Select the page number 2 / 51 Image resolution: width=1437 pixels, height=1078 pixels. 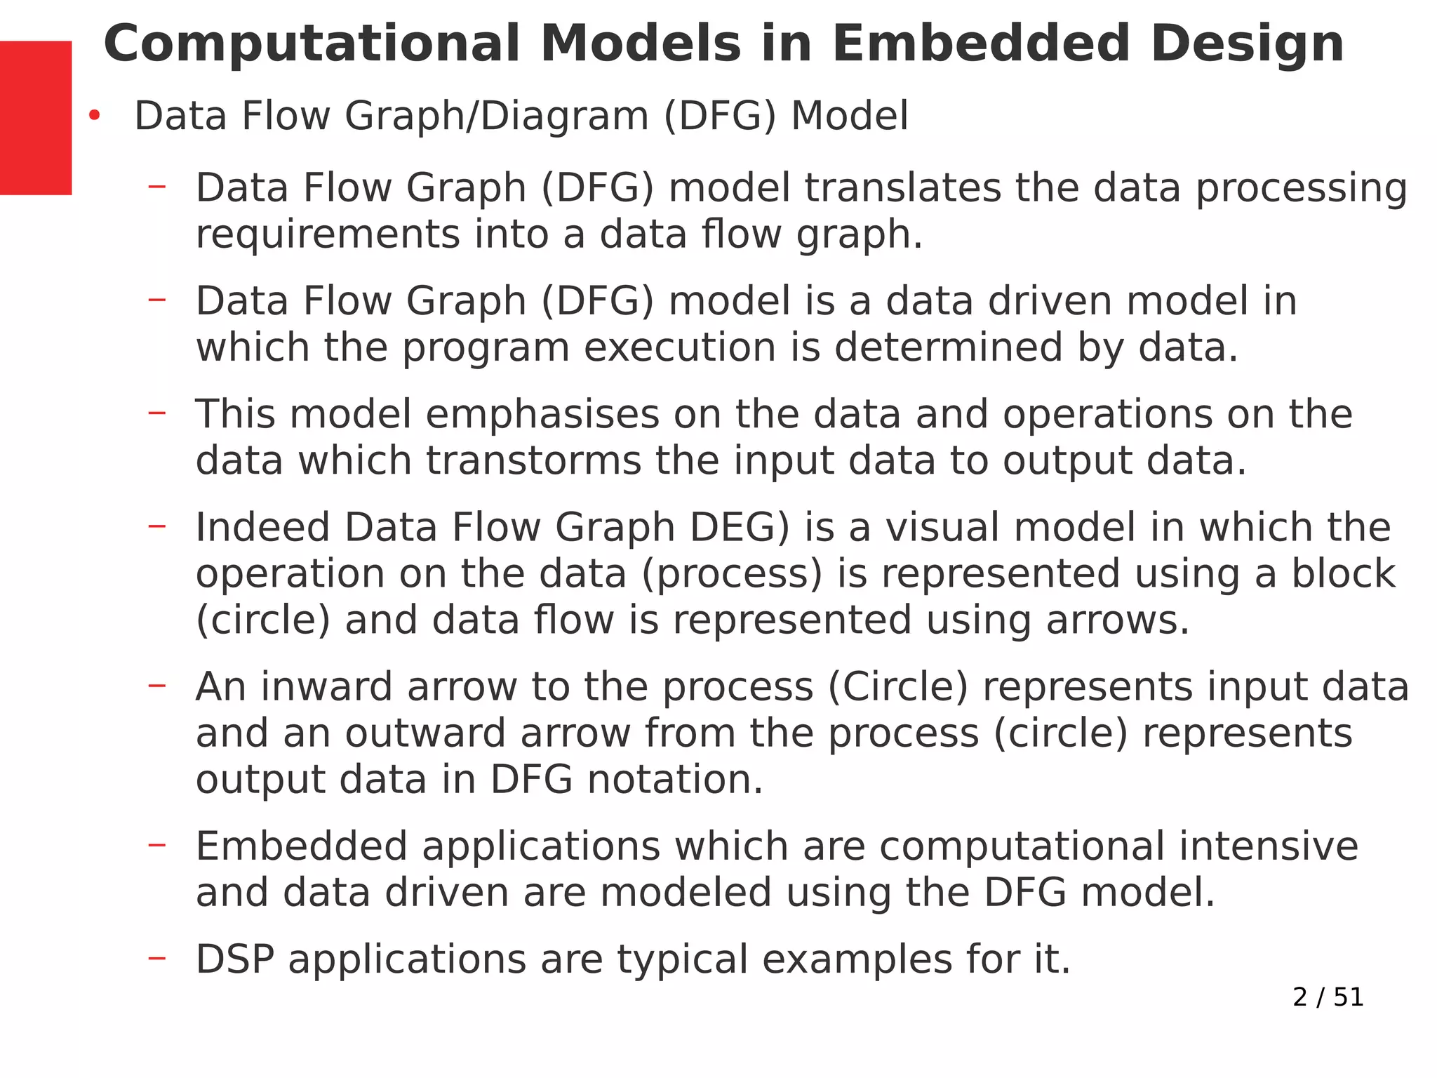click(1328, 997)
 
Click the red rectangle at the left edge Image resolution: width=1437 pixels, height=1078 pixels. click(35, 117)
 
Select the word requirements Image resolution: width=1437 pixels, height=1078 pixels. click(327, 234)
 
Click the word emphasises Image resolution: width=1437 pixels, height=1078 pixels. click(542, 414)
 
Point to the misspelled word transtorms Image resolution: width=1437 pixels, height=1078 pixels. click(534, 461)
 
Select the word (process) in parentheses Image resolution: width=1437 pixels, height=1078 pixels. click(731, 574)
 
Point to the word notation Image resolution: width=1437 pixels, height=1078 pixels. click(674, 780)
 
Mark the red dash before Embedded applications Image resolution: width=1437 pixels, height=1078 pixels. click(157, 844)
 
